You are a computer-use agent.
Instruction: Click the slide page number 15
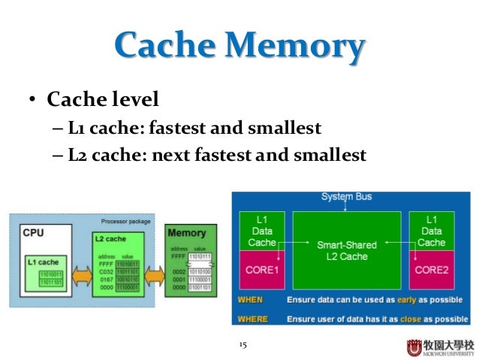point(242,345)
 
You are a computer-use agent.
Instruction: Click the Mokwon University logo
point(440,347)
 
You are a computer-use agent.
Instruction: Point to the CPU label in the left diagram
point(34,233)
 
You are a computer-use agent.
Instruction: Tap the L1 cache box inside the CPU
point(47,271)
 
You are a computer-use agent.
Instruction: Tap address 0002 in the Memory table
point(178,271)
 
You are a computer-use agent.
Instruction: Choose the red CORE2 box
point(432,268)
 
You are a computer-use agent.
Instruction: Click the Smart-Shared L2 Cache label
point(347,251)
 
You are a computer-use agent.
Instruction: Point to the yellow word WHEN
point(250,299)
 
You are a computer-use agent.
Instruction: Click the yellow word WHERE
point(252,318)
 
